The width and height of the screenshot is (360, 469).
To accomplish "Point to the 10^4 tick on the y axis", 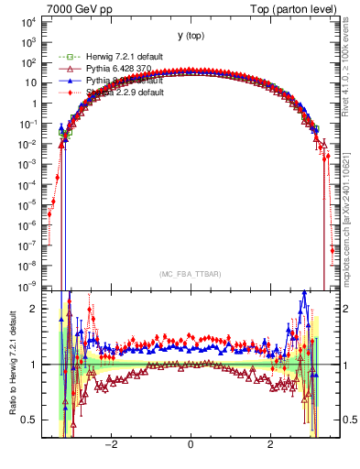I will [x=27, y=22].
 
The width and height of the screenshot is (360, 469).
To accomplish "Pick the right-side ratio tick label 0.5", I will [x=349, y=420].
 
